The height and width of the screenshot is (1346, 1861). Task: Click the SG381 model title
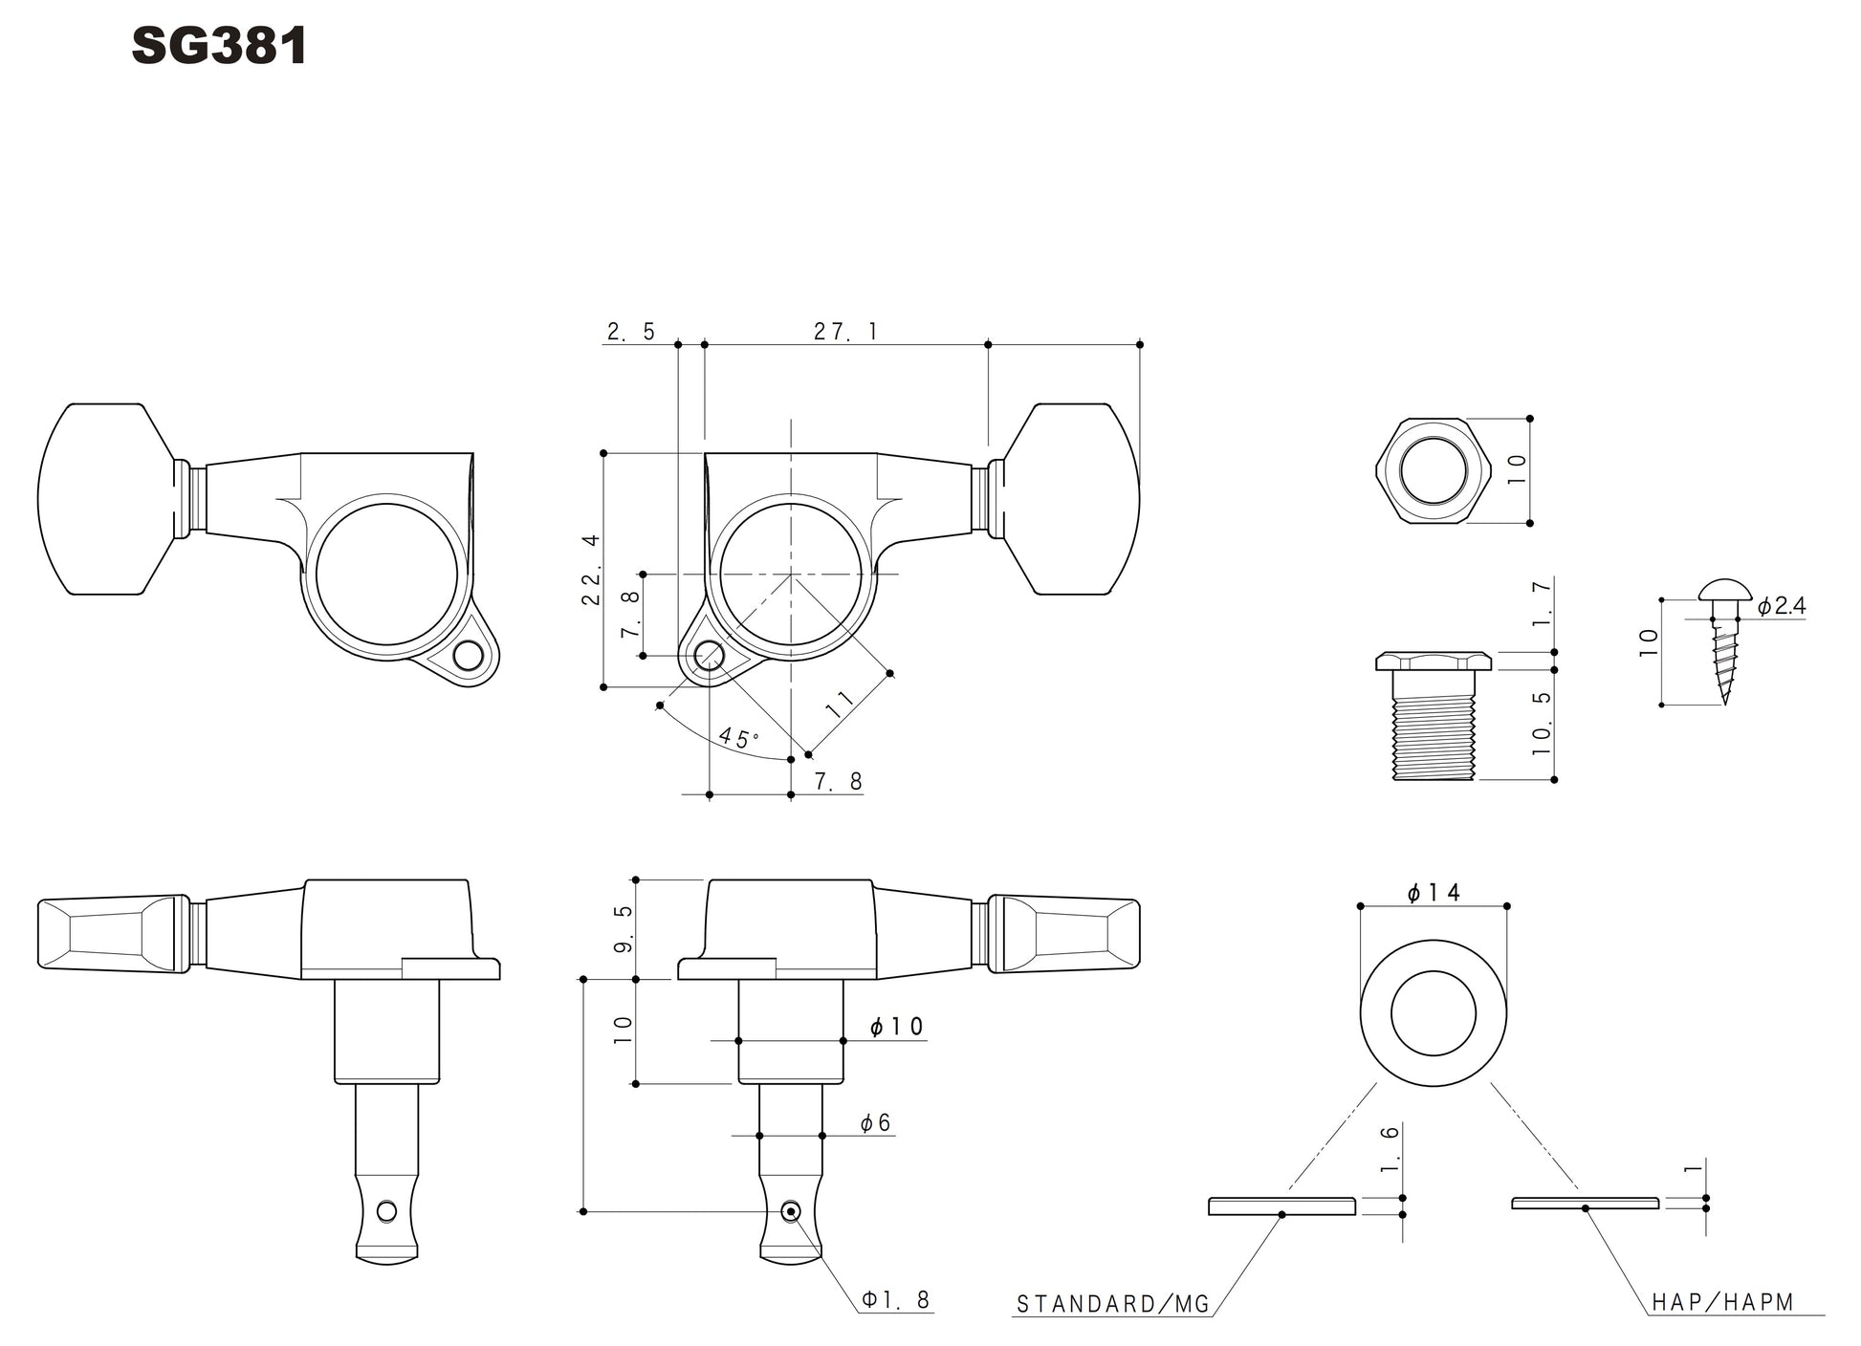pyautogui.click(x=219, y=46)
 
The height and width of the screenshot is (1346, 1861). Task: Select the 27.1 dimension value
pyautogui.click(x=845, y=332)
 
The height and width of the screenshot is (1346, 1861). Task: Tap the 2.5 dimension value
pyautogui.click(x=631, y=332)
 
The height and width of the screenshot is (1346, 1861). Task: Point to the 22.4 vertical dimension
pyautogui.click(x=591, y=569)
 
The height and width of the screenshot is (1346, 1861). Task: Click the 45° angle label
pyautogui.click(x=738, y=738)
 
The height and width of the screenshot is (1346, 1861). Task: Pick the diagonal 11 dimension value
pyautogui.click(x=840, y=704)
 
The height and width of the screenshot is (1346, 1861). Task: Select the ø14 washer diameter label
pyautogui.click(x=1434, y=893)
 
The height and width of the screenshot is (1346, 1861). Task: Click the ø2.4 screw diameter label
pyautogui.click(x=1781, y=606)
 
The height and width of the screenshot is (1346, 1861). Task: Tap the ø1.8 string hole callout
pyautogui.click(x=895, y=1299)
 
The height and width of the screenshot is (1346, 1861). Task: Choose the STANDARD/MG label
pyautogui.click(x=1113, y=1304)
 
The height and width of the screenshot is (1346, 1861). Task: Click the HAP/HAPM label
pyautogui.click(x=1722, y=1302)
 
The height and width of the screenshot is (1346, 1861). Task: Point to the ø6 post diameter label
pyautogui.click(x=875, y=1123)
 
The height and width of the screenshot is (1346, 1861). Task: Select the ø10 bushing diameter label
pyautogui.click(x=896, y=1027)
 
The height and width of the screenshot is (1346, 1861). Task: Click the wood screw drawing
pyautogui.click(x=1724, y=640)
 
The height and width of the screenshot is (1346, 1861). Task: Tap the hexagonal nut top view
pyautogui.click(x=1433, y=470)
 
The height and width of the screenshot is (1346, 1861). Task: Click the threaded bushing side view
pyautogui.click(x=1433, y=717)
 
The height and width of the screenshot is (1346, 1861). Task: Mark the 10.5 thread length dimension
pyautogui.click(x=1541, y=724)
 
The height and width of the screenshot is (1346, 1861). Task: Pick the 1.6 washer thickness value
pyautogui.click(x=1390, y=1149)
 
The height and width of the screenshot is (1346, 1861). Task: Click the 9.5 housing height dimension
pyautogui.click(x=623, y=928)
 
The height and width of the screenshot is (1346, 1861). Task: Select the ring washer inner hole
pyautogui.click(x=1433, y=1013)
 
